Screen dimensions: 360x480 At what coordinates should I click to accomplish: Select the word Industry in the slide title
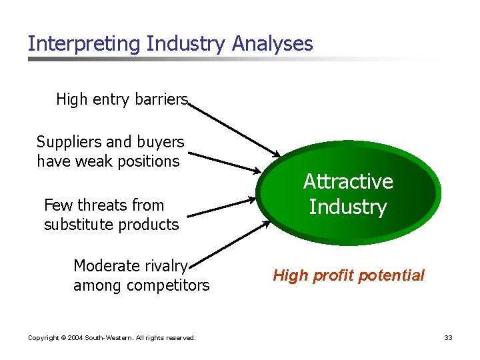pyautogui.click(x=186, y=44)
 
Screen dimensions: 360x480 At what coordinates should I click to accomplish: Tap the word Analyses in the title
pyautogui.click(x=273, y=44)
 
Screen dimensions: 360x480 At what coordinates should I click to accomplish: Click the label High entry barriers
pyautogui.click(x=122, y=99)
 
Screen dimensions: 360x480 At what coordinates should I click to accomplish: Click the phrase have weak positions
pyautogui.click(x=108, y=161)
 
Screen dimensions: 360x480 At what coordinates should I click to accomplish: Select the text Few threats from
pyautogui.click(x=103, y=205)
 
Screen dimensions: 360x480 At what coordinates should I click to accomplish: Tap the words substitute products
pyautogui.click(x=111, y=225)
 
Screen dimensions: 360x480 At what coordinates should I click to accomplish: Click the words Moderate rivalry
pyautogui.click(x=131, y=266)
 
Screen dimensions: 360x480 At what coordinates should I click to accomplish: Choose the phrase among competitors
pyautogui.click(x=141, y=286)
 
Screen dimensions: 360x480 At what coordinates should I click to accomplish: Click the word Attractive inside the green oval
pyautogui.click(x=348, y=181)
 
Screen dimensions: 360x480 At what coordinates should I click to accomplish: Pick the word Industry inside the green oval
pyautogui.click(x=348, y=207)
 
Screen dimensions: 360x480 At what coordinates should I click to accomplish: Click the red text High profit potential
pyautogui.click(x=348, y=275)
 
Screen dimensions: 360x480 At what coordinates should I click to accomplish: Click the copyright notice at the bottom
pyautogui.click(x=111, y=338)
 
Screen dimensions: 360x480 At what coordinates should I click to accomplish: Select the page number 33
pyautogui.click(x=448, y=338)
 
